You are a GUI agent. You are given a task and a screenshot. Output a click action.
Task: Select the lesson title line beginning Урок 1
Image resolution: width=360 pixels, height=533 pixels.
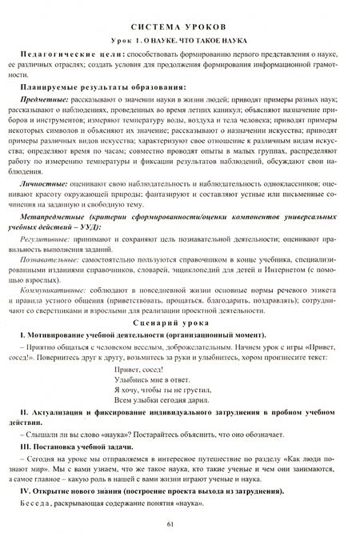pyautogui.click(x=179, y=39)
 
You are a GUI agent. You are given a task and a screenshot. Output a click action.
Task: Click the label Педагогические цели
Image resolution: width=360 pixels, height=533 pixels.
pyautogui.click(x=68, y=58)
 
